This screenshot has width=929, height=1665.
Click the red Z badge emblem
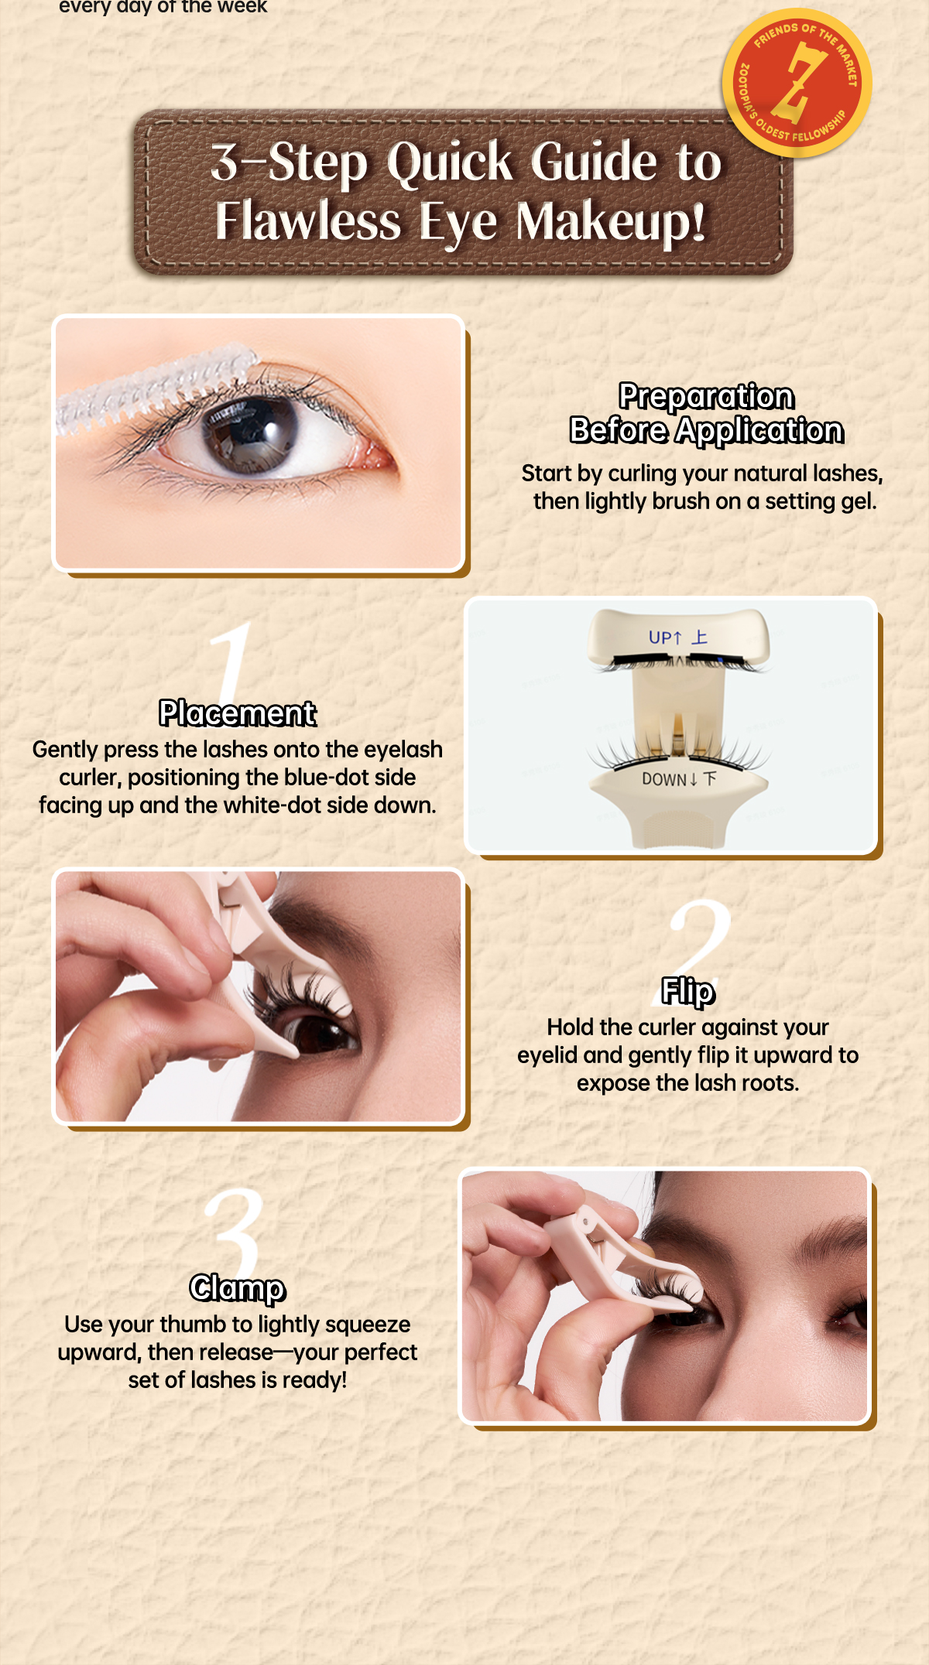(x=797, y=83)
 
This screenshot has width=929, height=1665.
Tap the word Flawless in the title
(x=308, y=221)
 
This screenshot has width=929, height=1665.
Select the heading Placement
(x=238, y=713)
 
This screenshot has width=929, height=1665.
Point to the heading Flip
(x=687, y=992)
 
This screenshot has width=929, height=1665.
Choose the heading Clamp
(x=238, y=1288)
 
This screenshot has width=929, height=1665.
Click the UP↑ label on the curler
(x=666, y=638)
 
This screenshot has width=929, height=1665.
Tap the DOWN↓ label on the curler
(x=670, y=779)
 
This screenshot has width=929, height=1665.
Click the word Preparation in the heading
(x=706, y=396)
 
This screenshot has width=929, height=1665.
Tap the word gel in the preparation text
(x=859, y=502)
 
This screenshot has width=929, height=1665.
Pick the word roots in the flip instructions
(x=770, y=1083)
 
